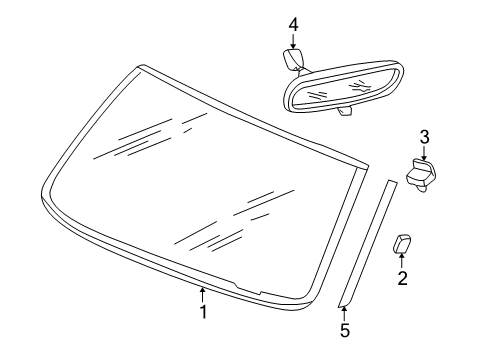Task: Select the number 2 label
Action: coord(402,279)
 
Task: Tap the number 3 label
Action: coord(424,136)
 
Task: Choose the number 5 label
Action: coord(344,329)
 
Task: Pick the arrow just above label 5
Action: coord(344,311)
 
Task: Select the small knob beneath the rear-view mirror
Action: coord(345,112)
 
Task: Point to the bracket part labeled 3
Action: coord(420,174)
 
